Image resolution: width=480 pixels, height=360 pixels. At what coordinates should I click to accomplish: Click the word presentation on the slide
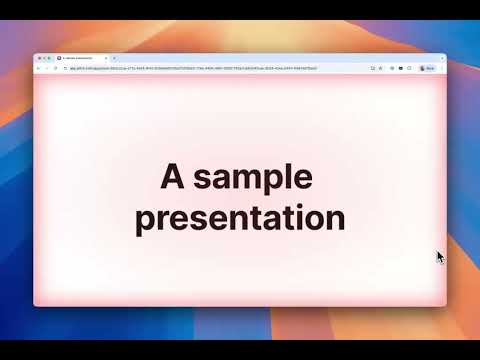click(240, 217)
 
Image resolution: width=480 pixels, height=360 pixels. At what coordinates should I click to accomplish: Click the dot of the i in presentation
click(297, 205)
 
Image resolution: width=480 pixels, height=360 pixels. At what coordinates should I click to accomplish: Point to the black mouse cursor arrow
click(440, 256)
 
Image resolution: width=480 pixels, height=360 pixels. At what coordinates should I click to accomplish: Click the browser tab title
click(85, 58)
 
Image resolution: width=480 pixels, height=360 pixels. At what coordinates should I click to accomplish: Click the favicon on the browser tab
click(59, 58)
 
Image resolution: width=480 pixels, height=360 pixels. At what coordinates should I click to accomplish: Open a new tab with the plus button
click(115, 58)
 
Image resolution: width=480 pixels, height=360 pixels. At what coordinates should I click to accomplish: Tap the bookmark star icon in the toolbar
click(380, 68)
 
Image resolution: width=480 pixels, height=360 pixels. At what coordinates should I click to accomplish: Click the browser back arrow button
click(38, 68)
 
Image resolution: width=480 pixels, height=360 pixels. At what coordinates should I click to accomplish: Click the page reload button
click(55, 68)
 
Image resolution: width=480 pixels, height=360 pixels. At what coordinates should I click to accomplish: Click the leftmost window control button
click(37, 58)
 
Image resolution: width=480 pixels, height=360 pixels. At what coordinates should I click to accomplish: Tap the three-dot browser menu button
click(441, 68)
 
